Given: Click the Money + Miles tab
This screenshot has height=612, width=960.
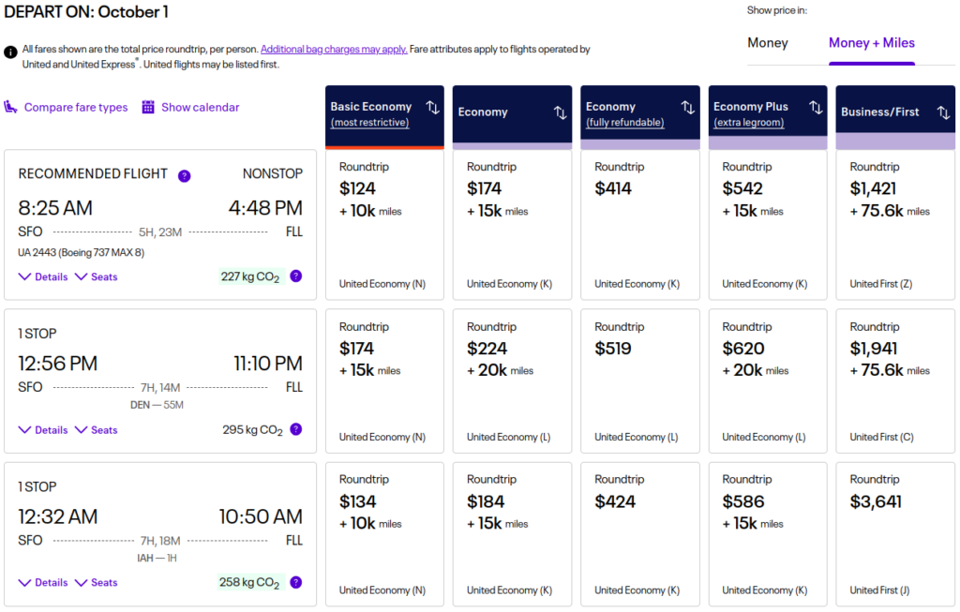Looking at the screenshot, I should [871, 43].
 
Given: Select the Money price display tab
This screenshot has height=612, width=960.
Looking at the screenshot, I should [767, 43].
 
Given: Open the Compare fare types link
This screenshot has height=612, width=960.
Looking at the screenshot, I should [75, 108].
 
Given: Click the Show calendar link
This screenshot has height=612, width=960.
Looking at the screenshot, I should [200, 108].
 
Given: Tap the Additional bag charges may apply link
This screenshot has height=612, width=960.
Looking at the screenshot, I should [334, 50].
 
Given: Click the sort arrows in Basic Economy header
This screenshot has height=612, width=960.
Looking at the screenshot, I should [432, 108].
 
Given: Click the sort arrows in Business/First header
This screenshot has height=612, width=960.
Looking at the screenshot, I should [943, 112].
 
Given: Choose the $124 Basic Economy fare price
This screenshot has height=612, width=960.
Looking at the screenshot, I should [357, 188].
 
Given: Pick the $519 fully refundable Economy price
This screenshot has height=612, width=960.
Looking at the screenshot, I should [613, 349].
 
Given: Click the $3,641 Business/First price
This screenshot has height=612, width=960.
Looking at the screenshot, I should [876, 501].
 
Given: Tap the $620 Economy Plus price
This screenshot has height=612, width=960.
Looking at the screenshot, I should [743, 349].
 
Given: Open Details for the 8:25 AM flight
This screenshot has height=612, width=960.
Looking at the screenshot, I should [43, 277].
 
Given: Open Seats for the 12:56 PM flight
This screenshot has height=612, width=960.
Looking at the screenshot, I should [97, 430].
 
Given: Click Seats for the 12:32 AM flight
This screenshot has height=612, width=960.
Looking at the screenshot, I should [97, 583].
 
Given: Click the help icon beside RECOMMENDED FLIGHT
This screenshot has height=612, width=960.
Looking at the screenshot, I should [185, 175].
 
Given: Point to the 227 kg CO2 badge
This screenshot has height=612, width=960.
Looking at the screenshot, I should [248, 276].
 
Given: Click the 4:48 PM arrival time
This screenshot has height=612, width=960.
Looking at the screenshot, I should [265, 208].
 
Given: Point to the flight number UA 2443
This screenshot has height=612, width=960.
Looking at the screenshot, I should [81, 252].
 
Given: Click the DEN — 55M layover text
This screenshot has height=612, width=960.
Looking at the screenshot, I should [157, 405].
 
